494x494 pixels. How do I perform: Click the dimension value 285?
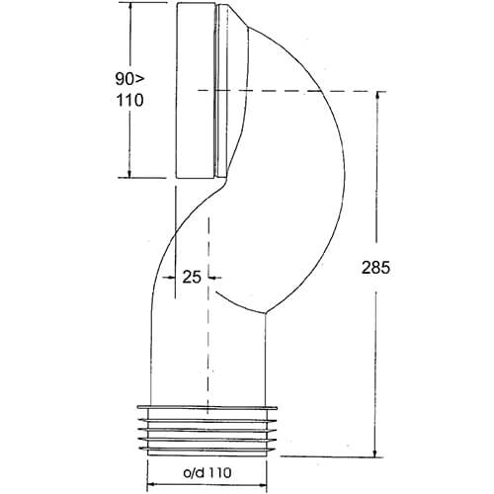tap(375, 268)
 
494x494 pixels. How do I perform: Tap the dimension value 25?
tap(192, 277)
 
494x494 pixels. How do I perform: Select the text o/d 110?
tap(207, 473)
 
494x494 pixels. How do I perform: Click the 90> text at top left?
tap(129, 79)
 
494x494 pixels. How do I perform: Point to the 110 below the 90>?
tap(129, 100)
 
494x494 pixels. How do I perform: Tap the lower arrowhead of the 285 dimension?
tap(375, 452)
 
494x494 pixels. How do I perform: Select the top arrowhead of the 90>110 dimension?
tap(129, 7)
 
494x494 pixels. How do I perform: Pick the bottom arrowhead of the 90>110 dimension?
tap(129, 173)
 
